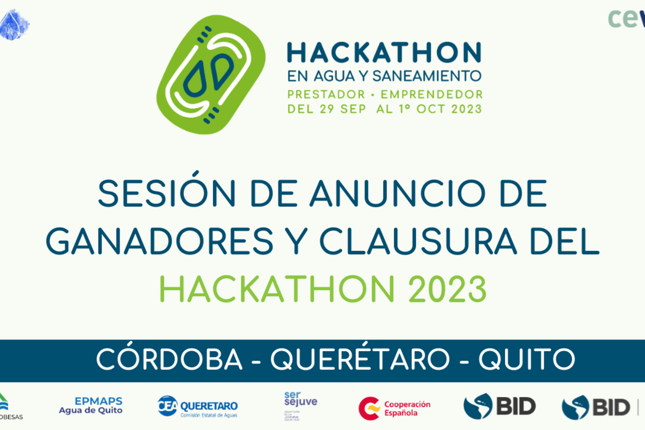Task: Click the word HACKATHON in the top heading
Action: point(384,53)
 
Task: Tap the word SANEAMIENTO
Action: point(427,76)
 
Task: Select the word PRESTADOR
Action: point(326,95)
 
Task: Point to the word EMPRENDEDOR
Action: point(432,95)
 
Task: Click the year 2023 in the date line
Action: point(466,109)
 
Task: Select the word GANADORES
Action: point(159,241)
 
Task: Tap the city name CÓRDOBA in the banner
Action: point(169,359)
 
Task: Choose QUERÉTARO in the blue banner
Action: point(360,359)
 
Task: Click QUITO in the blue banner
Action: point(527,359)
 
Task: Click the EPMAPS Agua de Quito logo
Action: point(91,405)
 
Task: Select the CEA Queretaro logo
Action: point(198,407)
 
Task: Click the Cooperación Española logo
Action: point(395,408)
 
